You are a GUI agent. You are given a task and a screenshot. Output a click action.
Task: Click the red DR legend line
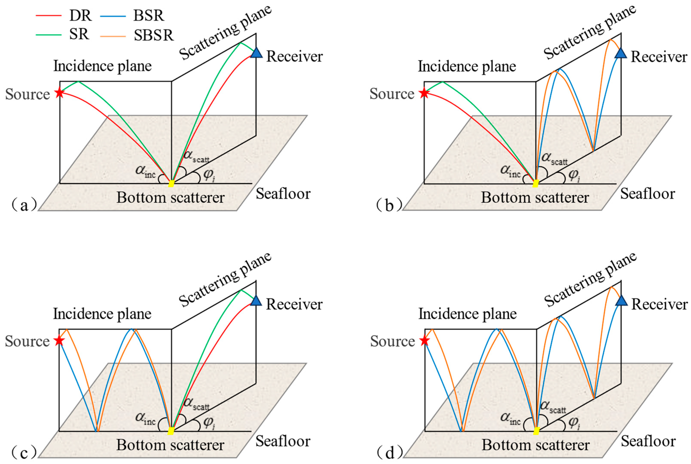click(x=49, y=15)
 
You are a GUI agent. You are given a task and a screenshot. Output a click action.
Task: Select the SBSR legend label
click(x=153, y=35)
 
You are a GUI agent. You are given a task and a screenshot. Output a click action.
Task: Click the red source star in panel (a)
click(x=60, y=93)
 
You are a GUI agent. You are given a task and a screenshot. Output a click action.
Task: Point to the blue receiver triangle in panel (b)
click(x=621, y=54)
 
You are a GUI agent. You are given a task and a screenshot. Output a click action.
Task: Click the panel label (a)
click(x=24, y=205)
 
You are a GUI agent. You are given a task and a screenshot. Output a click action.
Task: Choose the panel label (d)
click(x=389, y=452)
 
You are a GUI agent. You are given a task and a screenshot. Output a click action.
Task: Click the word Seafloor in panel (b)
click(x=648, y=194)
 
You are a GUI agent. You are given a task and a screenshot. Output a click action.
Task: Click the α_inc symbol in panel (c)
click(x=145, y=418)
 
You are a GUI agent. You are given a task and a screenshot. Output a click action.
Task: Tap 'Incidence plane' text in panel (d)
click(x=467, y=314)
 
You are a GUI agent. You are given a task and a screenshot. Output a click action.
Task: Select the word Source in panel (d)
click(x=392, y=341)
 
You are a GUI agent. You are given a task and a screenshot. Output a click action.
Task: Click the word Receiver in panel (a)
click(x=294, y=56)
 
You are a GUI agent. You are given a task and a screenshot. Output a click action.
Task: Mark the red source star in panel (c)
click(x=59, y=341)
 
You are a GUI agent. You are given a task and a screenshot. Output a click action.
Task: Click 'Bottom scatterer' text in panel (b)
click(x=535, y=197)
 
